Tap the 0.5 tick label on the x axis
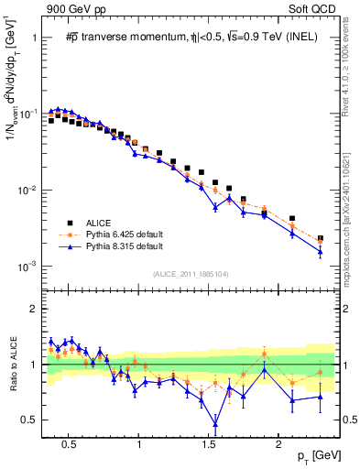tap(68, 442)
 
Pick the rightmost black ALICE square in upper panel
tap(320, 239)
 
